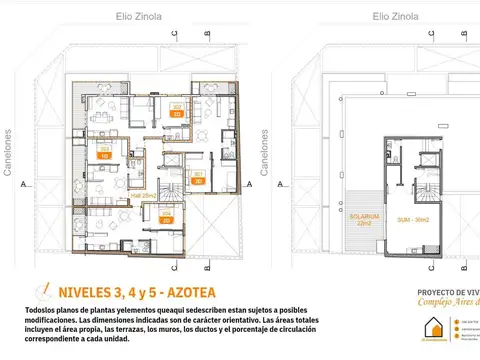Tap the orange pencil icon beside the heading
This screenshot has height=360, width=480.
pos(41,291)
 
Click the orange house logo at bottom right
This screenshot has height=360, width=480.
pos(433,329)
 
